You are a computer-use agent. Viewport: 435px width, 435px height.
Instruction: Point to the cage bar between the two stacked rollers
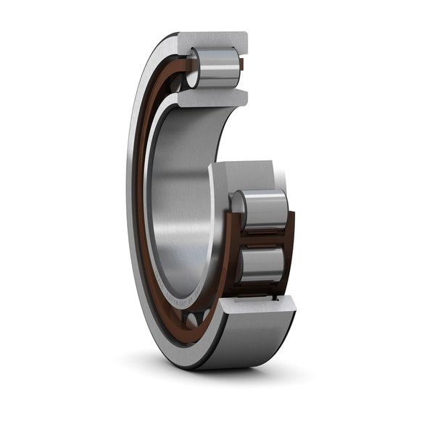[x=261, y=238]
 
